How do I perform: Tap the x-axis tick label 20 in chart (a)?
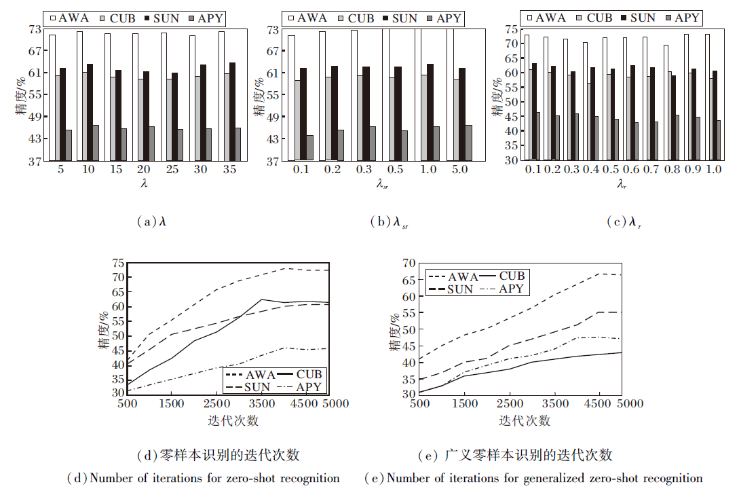[x=145, y=170]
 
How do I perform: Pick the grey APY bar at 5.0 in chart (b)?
[x=468, y=143]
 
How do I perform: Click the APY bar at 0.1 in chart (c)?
[x=537, y=136]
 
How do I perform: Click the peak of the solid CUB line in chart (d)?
[x=261, y=299]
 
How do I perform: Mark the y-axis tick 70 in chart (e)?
[x=408, y=263]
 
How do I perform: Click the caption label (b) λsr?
[x=390, y=222]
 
